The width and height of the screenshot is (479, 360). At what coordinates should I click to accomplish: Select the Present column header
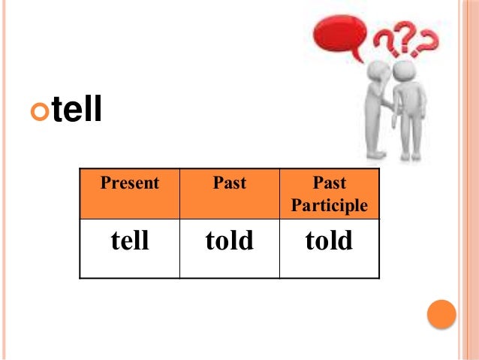[130, 183]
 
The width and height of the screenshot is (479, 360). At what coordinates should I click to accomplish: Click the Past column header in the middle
[230, 183]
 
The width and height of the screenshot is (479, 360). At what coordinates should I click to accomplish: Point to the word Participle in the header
[330, 205]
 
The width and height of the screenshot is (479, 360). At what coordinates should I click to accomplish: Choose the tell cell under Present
[130, 241]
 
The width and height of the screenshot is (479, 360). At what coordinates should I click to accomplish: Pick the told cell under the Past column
[230, 241]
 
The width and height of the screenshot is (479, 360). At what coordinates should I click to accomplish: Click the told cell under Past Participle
[330, 241]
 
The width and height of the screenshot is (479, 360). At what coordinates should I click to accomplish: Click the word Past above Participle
[330, 183]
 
